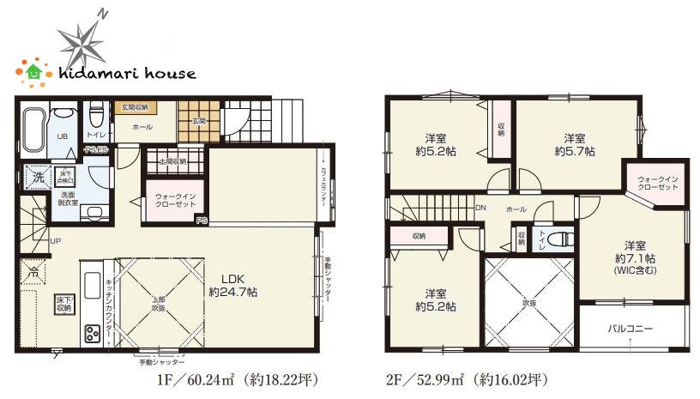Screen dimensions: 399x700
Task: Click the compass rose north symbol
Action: (83, 39)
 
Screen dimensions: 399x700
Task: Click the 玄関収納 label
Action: (133, 107)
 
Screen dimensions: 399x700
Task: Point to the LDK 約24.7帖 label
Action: (233, 285)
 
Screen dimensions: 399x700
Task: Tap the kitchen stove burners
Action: (90, 331)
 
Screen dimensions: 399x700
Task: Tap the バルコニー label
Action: (631, 328)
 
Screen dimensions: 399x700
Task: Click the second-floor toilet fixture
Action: (556, 239)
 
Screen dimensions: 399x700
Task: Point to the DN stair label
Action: (481, 208)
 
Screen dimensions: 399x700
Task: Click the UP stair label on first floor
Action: (55, 240)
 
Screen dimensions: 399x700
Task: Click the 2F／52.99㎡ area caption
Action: (468, 378)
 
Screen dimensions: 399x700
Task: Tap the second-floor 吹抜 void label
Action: (528, 301)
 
